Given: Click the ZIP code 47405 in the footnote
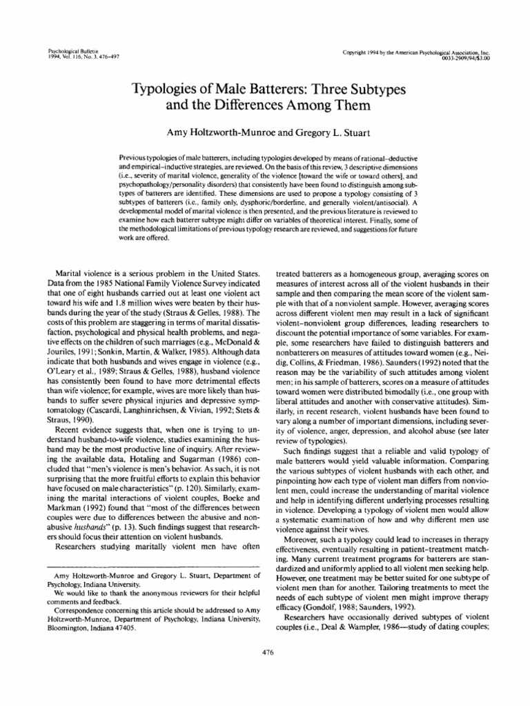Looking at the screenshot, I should [x=123, y=610].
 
